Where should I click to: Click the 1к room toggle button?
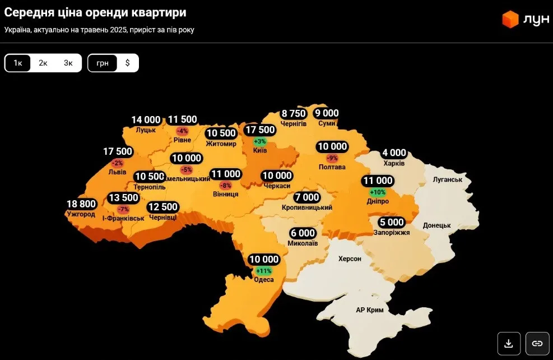click(x=18, y=63)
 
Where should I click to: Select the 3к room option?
click(x=68, y=63)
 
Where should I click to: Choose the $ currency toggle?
click(x=127, y=63)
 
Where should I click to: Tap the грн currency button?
click(x=103, y=63)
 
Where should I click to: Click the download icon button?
click(x=509, y=343)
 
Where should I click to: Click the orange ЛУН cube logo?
click(x=510, y=19)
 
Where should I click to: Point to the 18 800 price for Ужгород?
click(x=81, y=204)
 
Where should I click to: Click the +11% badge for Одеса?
click(x=264, y=270)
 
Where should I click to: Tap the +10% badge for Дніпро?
click(x=378, y=192)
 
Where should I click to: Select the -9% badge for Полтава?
click(x=332, y=158)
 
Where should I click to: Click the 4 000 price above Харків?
click(x=394, y=153)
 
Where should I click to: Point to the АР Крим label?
click(x=370, y=310)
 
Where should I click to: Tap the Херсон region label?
click(x=350, y=259)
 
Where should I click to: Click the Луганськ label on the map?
click(x=448, y=179)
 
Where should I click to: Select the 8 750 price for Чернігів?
click(x=294, y=113)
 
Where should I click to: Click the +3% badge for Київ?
click(x=260, y=141)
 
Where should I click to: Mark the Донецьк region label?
click(x=437, y=225)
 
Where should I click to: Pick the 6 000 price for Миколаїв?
click(x=303, y=233)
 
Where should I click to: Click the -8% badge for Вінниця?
click(x=225, y=185)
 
